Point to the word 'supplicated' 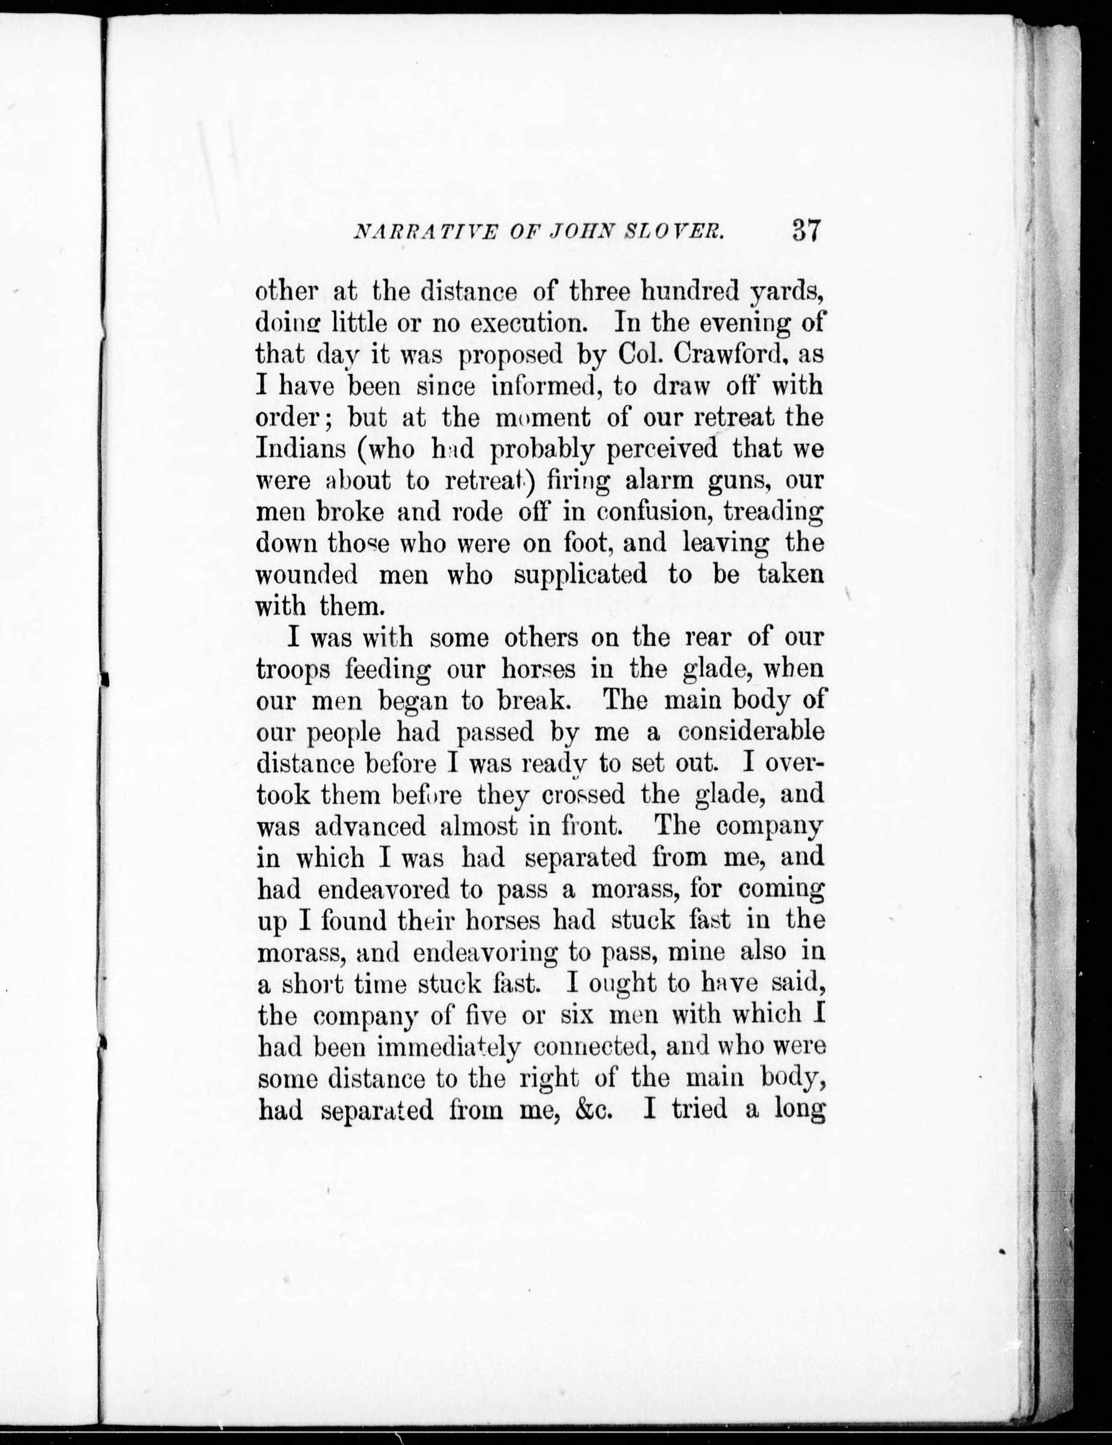[x=580, y=574]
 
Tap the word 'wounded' [x=306, y=574]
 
